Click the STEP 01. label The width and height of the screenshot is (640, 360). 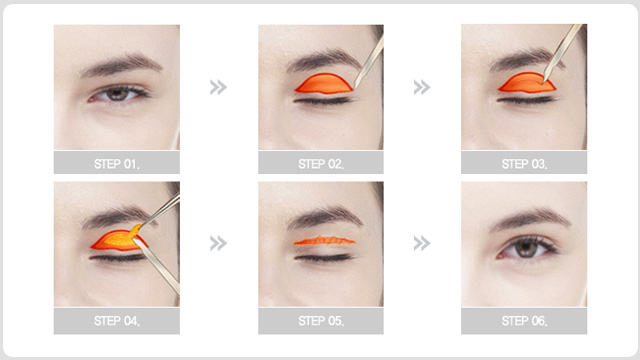click(117, 164)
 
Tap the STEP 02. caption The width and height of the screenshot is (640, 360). click(321, 164)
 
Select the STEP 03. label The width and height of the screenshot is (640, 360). click(524, 164)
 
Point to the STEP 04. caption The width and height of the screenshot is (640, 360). click(117, 321)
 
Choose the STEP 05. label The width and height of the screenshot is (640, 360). click(321, 321)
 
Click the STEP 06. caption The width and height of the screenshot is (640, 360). click(524, 321)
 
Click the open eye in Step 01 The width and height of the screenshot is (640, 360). click(118, 95)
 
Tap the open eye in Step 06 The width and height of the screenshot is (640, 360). click(526, 248)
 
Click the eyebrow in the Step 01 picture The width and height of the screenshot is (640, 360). click(121, 64)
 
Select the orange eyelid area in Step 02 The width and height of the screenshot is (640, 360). click(324, 84)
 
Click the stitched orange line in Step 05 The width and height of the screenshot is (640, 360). click(324, 241)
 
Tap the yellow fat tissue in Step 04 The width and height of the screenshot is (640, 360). click(118, 240)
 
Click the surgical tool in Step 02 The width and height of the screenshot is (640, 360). click(369, 62)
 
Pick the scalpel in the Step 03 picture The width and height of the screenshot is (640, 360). click(562, 54)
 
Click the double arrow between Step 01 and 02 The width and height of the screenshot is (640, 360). click(218, 87)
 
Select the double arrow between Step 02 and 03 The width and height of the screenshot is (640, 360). click(422, 87)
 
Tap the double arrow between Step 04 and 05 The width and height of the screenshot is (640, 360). click(218, 243)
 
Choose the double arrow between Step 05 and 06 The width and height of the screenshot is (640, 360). click(422, 243)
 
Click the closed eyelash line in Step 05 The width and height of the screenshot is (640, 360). click(324, 258)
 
